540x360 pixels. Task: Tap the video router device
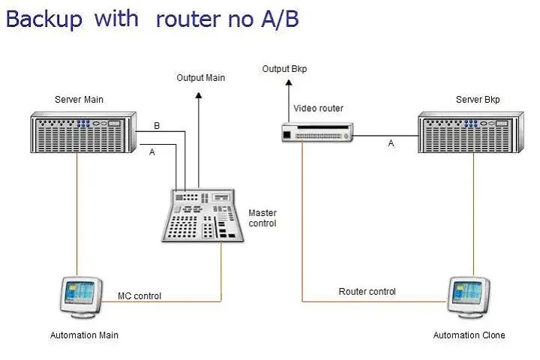point(317,133)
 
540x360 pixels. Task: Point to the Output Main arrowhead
point(199,95)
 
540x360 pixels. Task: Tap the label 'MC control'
point(139,295)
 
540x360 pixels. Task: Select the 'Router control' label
point(367,291)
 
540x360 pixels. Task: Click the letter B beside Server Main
point(157,126)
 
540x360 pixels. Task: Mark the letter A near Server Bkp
point(391,143)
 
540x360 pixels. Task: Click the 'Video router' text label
point(318,109)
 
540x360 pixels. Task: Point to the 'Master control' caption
point(262,218)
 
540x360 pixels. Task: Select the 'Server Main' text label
point(79,99)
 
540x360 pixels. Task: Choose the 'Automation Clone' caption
point(469,335)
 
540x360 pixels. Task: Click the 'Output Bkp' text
point(284,69)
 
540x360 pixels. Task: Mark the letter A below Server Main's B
point(152,151)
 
